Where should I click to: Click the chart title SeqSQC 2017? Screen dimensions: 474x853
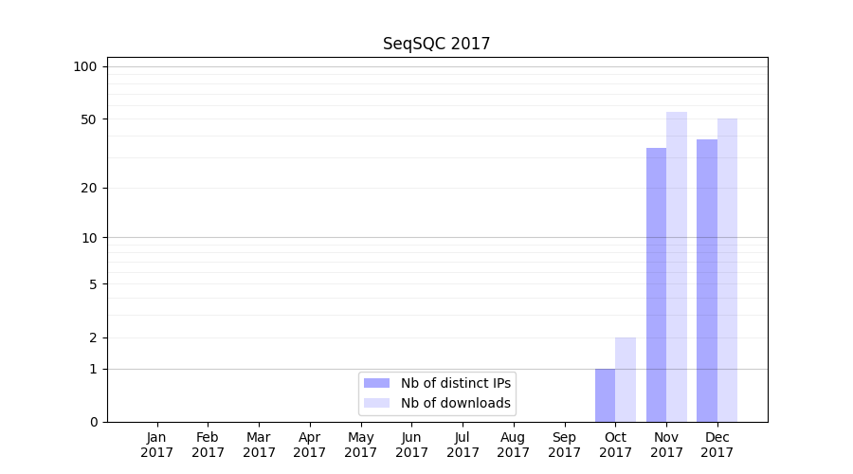click(x=436, y=44)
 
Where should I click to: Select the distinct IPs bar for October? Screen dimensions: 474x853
click(x=605, y=394)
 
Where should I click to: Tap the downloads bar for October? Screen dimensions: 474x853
click(x=626, y=379)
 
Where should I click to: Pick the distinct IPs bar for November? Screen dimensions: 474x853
click(x=656, y=284)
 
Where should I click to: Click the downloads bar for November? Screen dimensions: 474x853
click(x=677, y=266)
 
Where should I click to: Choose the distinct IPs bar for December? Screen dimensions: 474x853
click(x=707, y=281)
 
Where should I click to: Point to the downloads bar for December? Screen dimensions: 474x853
click(x=727, y=270)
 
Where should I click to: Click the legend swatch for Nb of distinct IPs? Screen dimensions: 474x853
click(x=376, y=383)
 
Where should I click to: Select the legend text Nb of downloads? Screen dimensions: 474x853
click(x=456, y=403)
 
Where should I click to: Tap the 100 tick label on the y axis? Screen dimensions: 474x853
click(x=85, y=66)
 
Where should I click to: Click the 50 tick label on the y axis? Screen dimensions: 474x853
click(x=88, y=119)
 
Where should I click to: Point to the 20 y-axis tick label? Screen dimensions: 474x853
click(x=88, y=188)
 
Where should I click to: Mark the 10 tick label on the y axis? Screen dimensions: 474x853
click(x=88, y=237)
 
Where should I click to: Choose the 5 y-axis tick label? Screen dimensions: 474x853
click(x=92, y=283)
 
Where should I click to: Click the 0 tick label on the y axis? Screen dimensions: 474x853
click(x=92, y=422)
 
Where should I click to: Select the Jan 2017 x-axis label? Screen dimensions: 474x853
click(x=156, y=445)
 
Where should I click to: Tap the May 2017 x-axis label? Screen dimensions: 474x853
click(x=360, y=445)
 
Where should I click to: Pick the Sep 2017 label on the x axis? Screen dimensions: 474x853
click(x=564, y=445)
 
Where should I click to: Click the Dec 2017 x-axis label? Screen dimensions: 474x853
click(x=717, y=445)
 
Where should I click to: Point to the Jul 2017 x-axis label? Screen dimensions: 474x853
click(x=463, y=445)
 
